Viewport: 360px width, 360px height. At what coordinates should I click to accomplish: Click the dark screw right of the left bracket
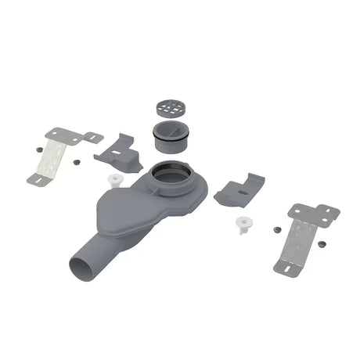77,161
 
